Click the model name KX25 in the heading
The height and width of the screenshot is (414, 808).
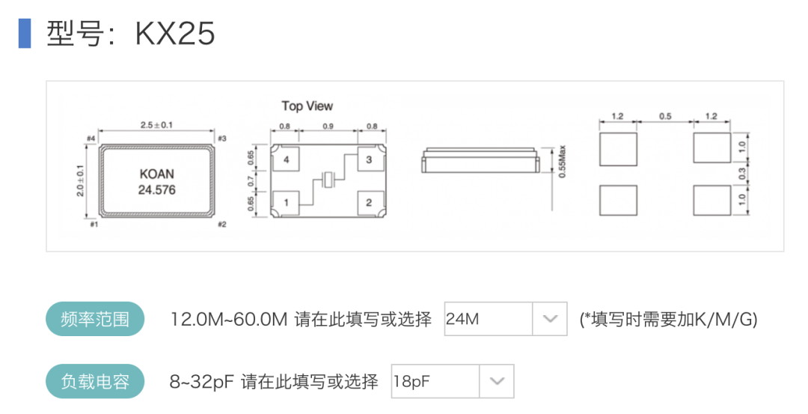point(175,34)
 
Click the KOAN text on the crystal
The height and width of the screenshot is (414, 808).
point(157,174)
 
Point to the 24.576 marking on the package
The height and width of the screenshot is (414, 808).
point(157,190)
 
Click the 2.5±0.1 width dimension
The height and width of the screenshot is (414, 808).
point(157,125)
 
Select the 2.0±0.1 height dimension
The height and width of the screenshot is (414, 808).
point(82,180)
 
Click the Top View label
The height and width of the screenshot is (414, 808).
point(307,106)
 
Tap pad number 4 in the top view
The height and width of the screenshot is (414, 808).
point(286,160)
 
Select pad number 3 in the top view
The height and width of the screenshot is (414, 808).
point(368,160)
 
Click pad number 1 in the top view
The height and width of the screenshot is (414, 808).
point(286,201)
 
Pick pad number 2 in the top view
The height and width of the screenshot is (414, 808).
point(368,201)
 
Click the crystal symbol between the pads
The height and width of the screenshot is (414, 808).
point(328,180)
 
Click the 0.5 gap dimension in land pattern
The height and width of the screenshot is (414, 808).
point(665,117)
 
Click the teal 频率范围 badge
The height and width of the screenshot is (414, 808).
point(94,320)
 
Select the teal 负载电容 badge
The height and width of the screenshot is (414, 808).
point(94,382)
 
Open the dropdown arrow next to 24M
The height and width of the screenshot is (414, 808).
point(550,320)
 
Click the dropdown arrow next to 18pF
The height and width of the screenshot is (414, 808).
point(496,382)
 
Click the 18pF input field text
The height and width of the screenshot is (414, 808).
point(412,382)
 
